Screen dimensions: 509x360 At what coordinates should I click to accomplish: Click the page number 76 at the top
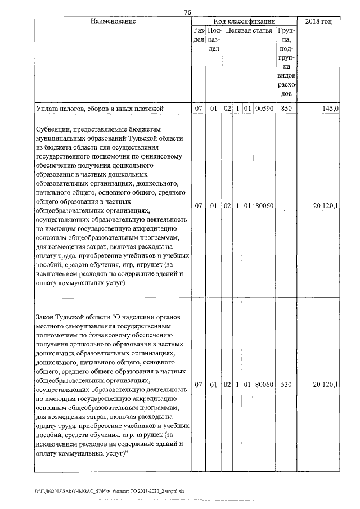tap(187, 12)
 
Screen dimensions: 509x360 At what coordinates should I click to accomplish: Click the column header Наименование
tap(112, 21)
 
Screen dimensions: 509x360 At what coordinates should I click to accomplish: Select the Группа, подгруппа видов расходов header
tap(286, 61)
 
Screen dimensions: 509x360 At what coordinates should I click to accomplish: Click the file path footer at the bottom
tap(109, 491)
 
